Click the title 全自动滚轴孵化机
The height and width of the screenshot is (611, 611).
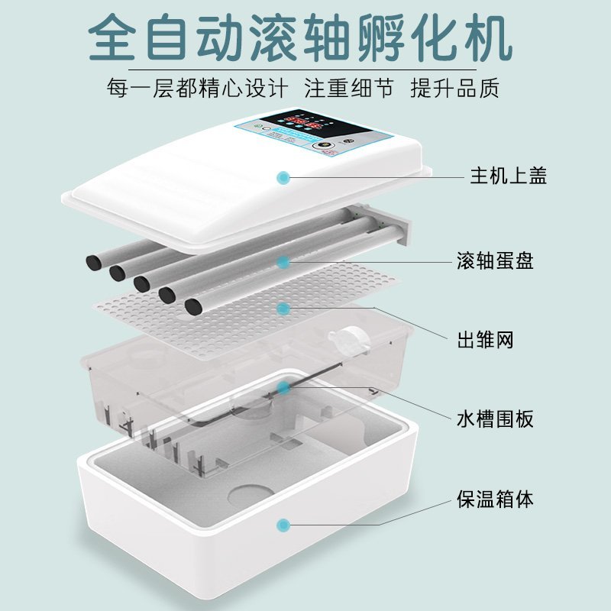click(x=300, y=38)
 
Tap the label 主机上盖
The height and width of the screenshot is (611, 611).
click(x=509, y=176)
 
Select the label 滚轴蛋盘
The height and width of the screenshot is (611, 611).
click(x=495, y=260)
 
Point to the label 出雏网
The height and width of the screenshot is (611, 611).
click(x=485, y=340)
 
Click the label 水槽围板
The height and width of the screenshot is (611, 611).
click(x=495, y=419)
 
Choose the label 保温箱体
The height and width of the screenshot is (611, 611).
click(x=495, y=499)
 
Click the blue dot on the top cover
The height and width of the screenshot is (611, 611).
click(x=283, y=178)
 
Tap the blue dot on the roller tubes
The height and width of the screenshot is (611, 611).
click(x=283, y=262)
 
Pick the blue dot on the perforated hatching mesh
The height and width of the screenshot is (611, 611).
click(x=283, y=309)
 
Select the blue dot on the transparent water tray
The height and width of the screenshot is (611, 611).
click(x=283, y=387)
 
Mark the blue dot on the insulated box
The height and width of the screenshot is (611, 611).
click(x=283, y=525)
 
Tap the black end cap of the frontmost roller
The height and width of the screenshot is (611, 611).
click(x=194, y=307)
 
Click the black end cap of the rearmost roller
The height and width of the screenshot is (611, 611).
click(x=93, y=262)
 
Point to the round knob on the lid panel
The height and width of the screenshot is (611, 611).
click(x=323, y=147)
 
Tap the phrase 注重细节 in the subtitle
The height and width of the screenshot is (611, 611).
click(x=349, y=88)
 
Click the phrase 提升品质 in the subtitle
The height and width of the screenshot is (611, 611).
click(x=454, y=88)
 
